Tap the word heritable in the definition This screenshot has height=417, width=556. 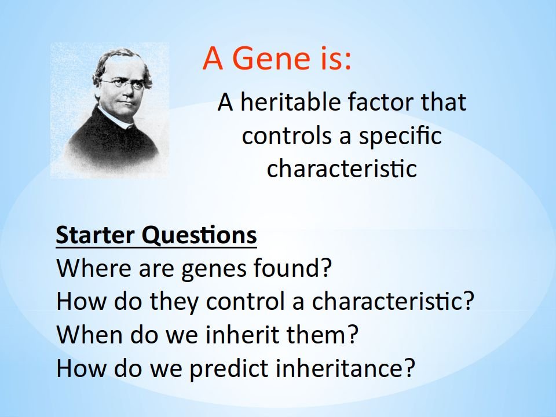pos(291,102)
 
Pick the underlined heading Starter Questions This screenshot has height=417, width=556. pos(156,235)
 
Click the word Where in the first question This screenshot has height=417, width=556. pos(94,268)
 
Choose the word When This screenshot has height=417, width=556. pos(90,334)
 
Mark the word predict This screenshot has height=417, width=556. pos(229,369)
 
